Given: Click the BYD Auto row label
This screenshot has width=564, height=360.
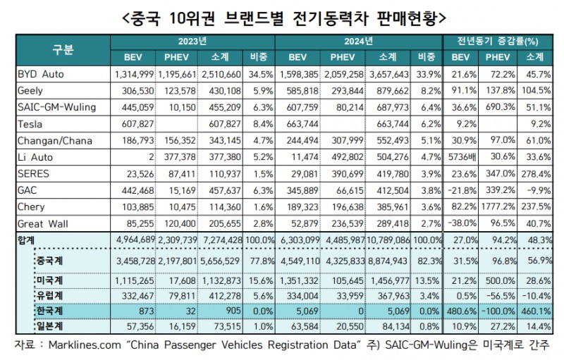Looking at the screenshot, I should pos(42,73).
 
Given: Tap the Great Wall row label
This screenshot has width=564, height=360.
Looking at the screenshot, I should pos(42,223).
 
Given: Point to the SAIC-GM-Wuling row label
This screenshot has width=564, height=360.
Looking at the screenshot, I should pos(56,107).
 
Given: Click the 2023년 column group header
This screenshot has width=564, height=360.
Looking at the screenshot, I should pos(192,42).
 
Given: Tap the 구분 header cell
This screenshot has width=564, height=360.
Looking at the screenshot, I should pos(62,49).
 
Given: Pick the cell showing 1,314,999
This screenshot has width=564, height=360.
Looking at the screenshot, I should pos(134,73).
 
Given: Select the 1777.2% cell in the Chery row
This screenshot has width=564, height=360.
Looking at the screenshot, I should pos(498,207).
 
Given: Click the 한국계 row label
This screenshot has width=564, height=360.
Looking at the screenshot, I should pos(51,309).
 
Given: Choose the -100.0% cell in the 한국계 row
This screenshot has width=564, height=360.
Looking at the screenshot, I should pos(498,309).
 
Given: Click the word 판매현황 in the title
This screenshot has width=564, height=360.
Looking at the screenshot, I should pos(405,14).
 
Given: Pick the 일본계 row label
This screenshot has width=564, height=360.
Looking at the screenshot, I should pos(51,326).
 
